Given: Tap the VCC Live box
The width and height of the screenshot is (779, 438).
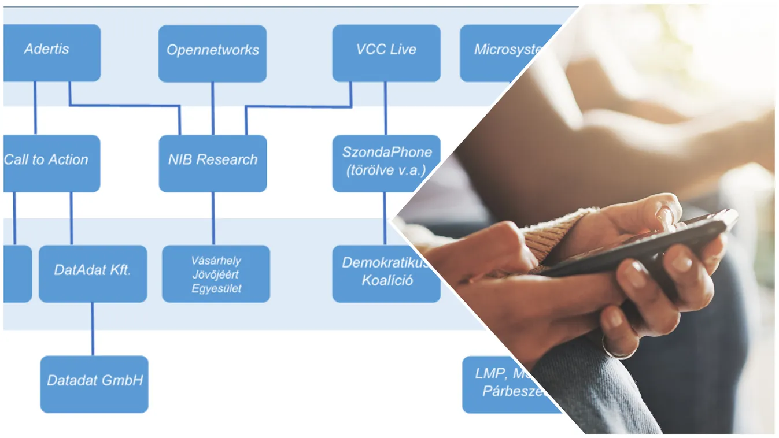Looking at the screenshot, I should [386, 53].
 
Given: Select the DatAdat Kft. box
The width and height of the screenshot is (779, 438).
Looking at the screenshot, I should [93, 273].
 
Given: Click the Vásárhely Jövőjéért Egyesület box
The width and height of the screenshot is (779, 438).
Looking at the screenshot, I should [216, 273].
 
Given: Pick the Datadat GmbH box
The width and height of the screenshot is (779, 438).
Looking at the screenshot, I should [94, 384].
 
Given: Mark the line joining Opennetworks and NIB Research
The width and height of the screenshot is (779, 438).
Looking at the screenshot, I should [212, 109].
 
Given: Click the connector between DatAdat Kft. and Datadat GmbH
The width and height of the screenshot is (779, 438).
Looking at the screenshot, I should [92, 329].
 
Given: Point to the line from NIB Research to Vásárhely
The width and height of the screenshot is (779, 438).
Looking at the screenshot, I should [213, 218].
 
